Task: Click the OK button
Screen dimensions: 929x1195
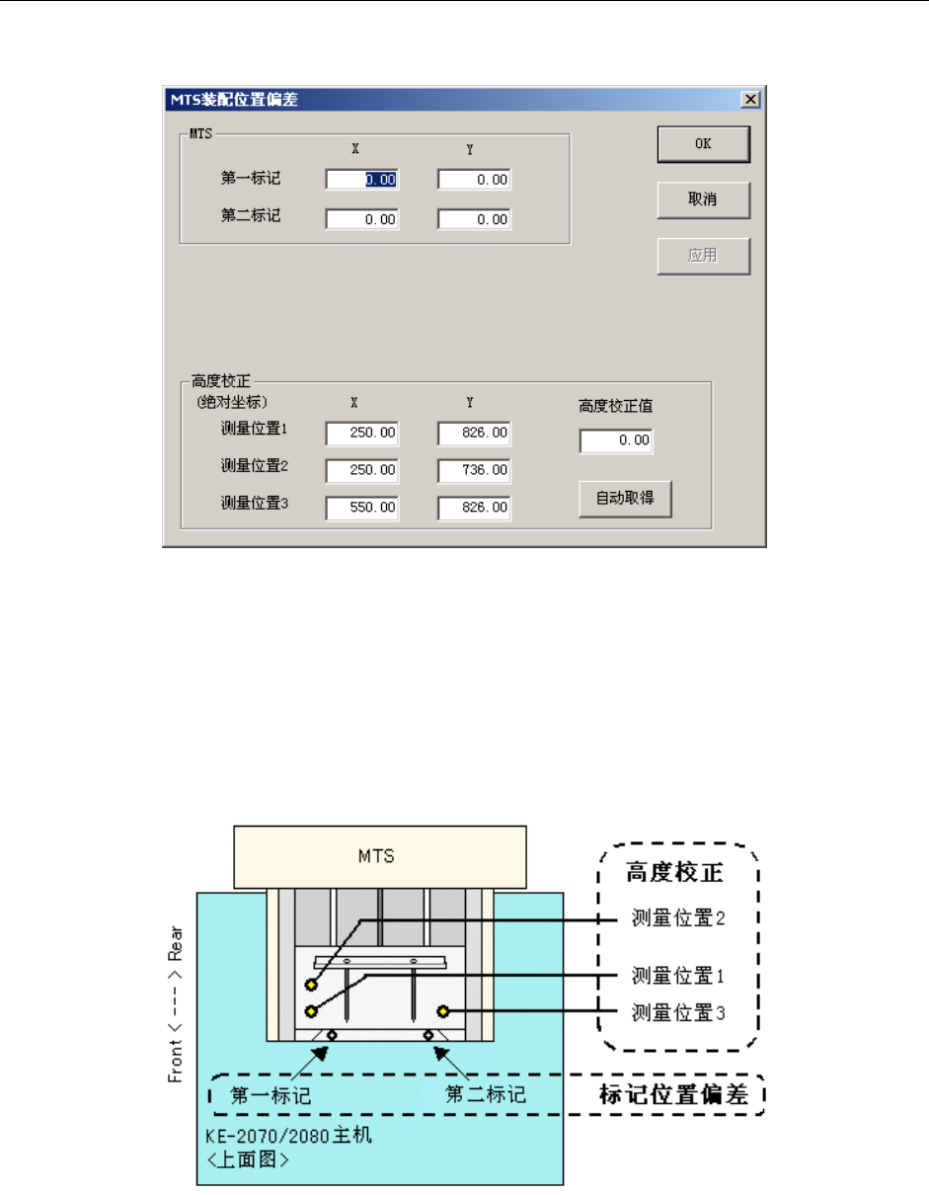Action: tap(703, 144)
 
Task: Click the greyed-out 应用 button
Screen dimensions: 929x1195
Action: tap(703, 256)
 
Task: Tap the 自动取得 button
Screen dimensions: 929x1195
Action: tap(624, 500)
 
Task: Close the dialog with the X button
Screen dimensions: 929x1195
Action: tap(750, 100)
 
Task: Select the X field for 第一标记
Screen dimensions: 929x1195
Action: tap(362, 180)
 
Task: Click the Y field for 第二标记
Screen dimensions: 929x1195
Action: tap(474, 219)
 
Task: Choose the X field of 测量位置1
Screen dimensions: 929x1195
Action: tap(362, 433)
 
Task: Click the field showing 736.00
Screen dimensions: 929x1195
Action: tap(474, 470)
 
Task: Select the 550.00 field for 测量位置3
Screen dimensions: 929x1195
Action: tap(362, 508)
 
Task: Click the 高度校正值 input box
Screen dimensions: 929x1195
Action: tap(616, 440)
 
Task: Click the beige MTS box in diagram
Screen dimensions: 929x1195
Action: tap(375, 856)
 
